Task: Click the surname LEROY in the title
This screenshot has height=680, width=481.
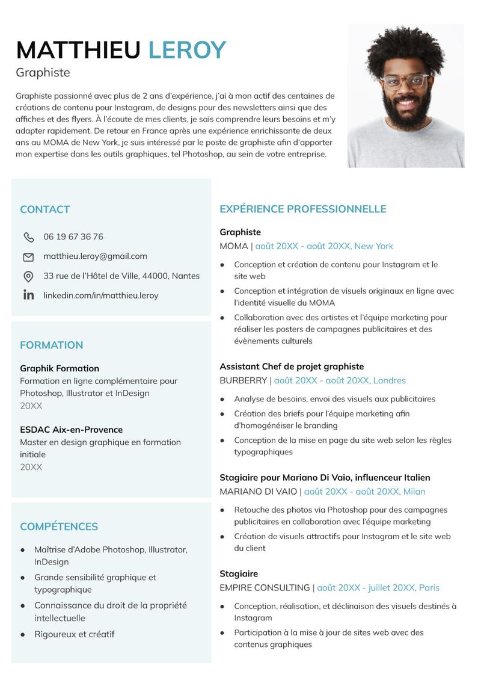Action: click(x=187, y=50)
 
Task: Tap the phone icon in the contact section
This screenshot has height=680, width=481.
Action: click(x=28, y=237)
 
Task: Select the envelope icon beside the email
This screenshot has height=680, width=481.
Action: click(x=28, y=257)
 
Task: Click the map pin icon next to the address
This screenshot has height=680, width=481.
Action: click(x=28, y=276)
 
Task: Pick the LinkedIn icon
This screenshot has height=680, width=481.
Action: click(x=28, y=295)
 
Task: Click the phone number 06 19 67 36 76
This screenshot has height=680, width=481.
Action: click(x=73, y=236)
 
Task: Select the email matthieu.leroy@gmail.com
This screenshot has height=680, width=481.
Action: click(x=95, y=256)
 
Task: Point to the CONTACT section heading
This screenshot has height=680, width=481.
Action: click(x=45, y=209)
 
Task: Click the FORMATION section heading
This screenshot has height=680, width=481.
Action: click(x=52, y=345)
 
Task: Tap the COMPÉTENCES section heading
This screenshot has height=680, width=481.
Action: click(x=59, y=527)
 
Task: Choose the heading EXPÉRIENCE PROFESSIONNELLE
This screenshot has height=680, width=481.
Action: click(x=302, y=209)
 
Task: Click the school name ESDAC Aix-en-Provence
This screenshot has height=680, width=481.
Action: click(x=71, y=430)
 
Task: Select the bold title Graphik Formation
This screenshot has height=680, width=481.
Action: click(x=60, y=368)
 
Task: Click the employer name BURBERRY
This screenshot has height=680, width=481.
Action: click(x=243, y=380)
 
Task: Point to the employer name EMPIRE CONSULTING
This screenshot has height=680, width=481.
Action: click(x=265, y=587)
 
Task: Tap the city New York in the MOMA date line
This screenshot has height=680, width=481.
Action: click(x=373, y=246)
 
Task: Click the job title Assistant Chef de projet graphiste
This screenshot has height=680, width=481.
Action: click(x=292, y=366)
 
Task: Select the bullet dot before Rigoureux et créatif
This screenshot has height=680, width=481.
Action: click(x=23, y=634)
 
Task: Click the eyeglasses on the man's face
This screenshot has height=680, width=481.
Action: click(x=405, y=80)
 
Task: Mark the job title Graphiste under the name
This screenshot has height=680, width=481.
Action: click(x=43, y=73)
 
